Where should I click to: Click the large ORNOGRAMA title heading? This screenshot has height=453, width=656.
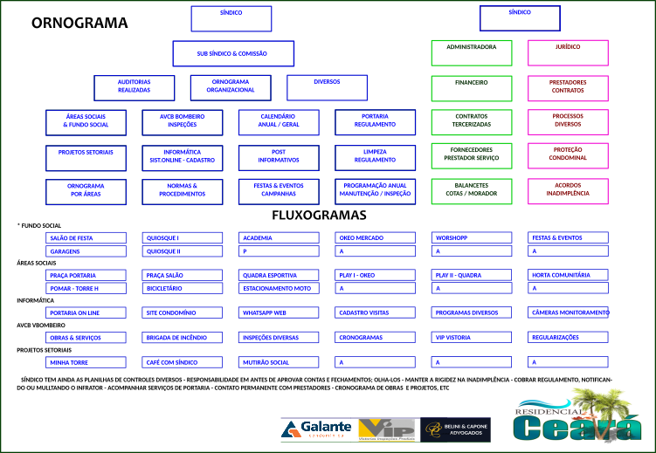click(79, 24)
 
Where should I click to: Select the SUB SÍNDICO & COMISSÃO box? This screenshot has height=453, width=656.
click(231, 54)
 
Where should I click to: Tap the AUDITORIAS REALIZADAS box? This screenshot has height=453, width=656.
click(134, 86)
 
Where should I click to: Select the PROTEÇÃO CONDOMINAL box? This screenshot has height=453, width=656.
click(568, 154)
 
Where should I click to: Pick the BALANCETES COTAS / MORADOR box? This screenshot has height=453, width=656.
click(472, 190)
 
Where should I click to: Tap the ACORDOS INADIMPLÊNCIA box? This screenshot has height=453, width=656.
click(568, 190)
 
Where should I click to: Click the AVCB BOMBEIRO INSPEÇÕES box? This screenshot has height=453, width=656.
click(183, 121)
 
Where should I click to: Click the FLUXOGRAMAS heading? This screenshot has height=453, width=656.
click(319, 215)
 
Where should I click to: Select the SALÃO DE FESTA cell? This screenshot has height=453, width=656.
click(86, 237)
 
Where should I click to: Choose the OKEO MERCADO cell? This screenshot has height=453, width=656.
click(375, 237)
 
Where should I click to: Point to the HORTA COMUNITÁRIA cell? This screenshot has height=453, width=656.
click(568, 275)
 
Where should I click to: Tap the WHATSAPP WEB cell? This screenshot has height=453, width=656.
click(279, 312)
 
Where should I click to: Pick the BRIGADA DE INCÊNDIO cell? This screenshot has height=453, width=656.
click(183, 338)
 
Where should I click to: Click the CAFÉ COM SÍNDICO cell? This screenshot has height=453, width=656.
click(183, 362)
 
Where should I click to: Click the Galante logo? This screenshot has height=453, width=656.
click(316, 429)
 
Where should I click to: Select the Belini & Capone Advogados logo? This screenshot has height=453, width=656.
click(455, 429)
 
